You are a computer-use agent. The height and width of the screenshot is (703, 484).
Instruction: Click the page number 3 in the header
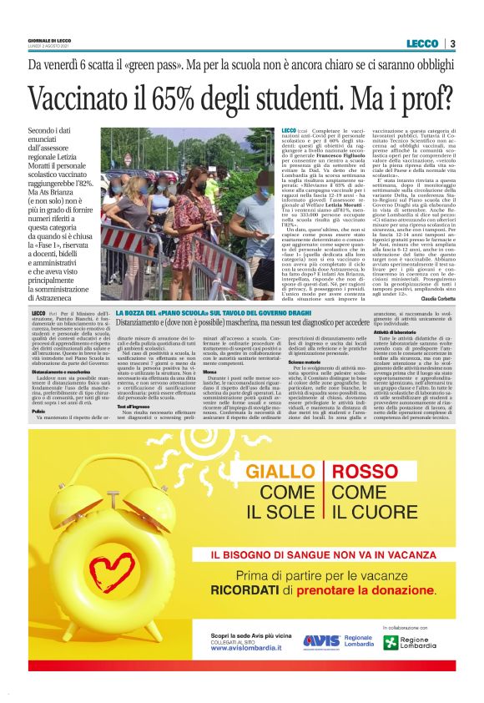tap(452, 43)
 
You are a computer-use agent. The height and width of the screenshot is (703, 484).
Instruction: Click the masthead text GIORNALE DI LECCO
tap(48, 39)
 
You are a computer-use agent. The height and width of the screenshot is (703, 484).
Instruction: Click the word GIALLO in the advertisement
tap(279, 473)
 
